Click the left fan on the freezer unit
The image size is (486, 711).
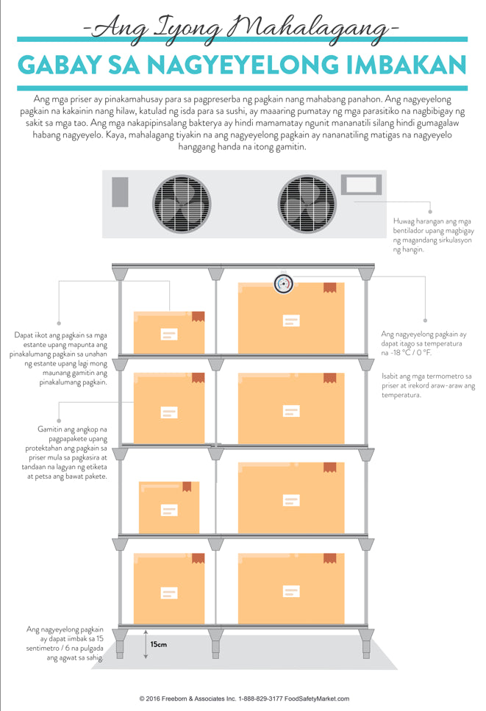[x=181, y=204]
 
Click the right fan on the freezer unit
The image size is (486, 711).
[x=307, y=204]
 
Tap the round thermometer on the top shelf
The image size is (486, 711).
[x=284, y=283]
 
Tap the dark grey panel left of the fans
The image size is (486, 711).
[x=120, y=192]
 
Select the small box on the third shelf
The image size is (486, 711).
[x=168, y=507]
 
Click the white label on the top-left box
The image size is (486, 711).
[x=168, y=334]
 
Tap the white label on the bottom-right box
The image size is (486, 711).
[x=291, y=590]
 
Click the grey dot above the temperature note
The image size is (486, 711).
[x=425, y=320]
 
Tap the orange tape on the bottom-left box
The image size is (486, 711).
[x=197, y=559]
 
